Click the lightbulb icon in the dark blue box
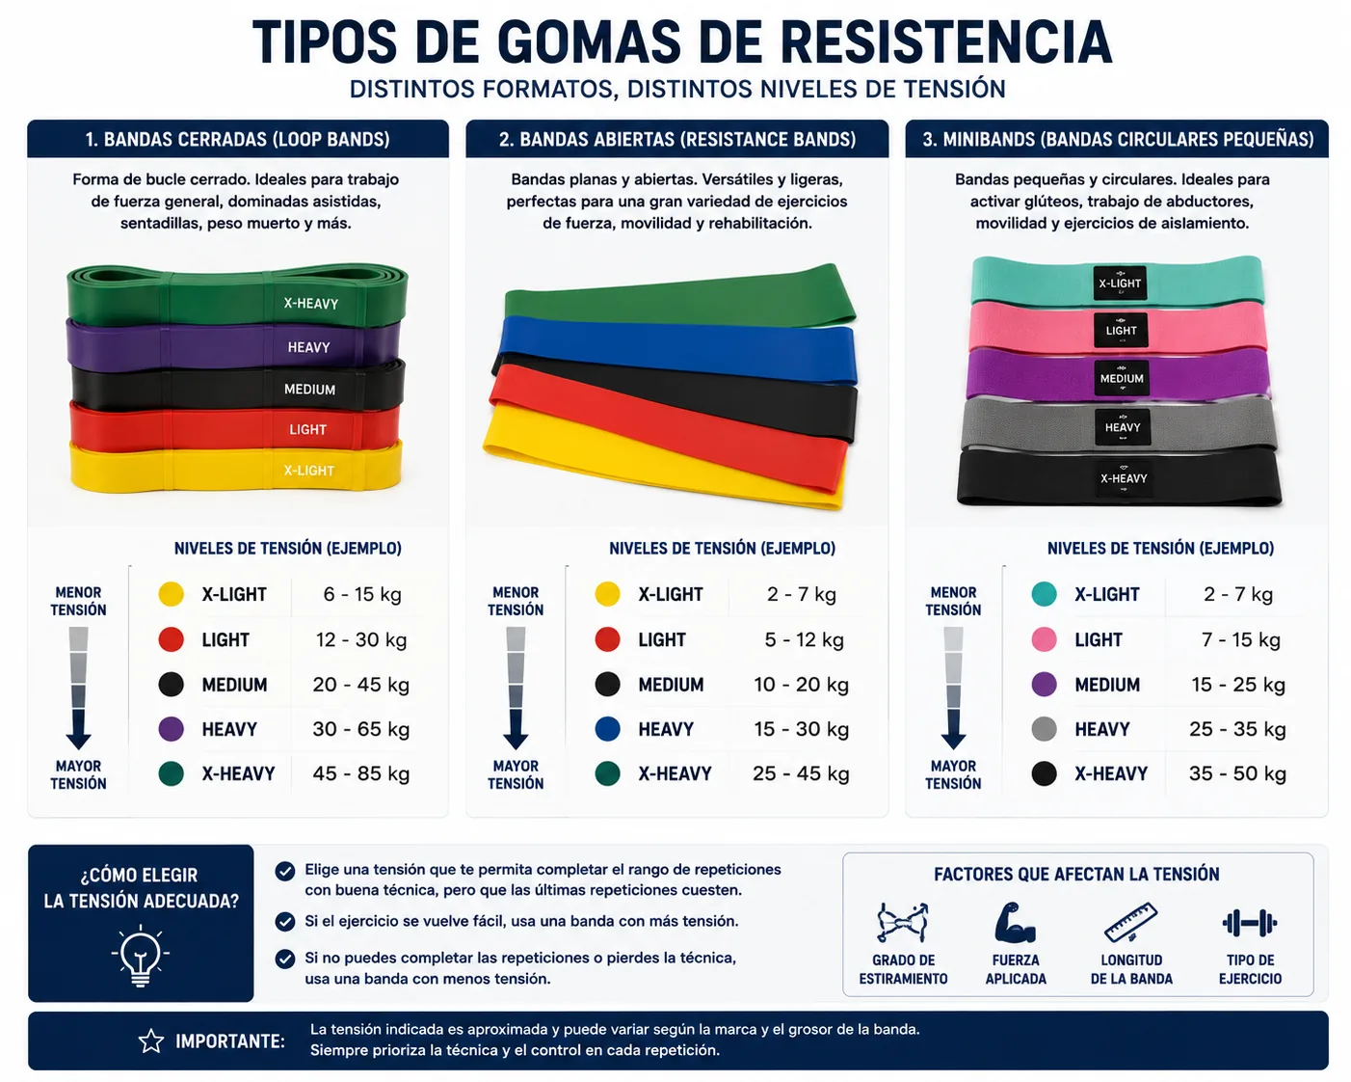[x=141, y=955]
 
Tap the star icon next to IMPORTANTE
[x=151, y=1041]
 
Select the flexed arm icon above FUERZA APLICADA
[x=1015, y=922]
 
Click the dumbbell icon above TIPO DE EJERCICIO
[x=1249, y=923]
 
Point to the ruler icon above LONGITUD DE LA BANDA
[x=1130, y=923]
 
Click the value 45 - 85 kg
[x=361, y=773]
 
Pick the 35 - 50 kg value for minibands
[x=1237, y=773]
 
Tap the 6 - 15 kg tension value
[x=362, y=594]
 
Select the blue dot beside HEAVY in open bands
[x=608, y=729]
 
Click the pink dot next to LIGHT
[x=1044, y=639]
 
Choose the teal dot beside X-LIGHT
[x=1044, y=594]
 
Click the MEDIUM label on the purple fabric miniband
[x=1122, y=379]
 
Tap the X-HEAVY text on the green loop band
[x=310, y=304]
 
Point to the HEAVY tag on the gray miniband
[x=1123, y=427]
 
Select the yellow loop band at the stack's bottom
[x=235, y=468]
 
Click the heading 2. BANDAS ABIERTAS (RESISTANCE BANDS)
[x=677, y=139]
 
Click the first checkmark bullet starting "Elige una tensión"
[x=285, y=871]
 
